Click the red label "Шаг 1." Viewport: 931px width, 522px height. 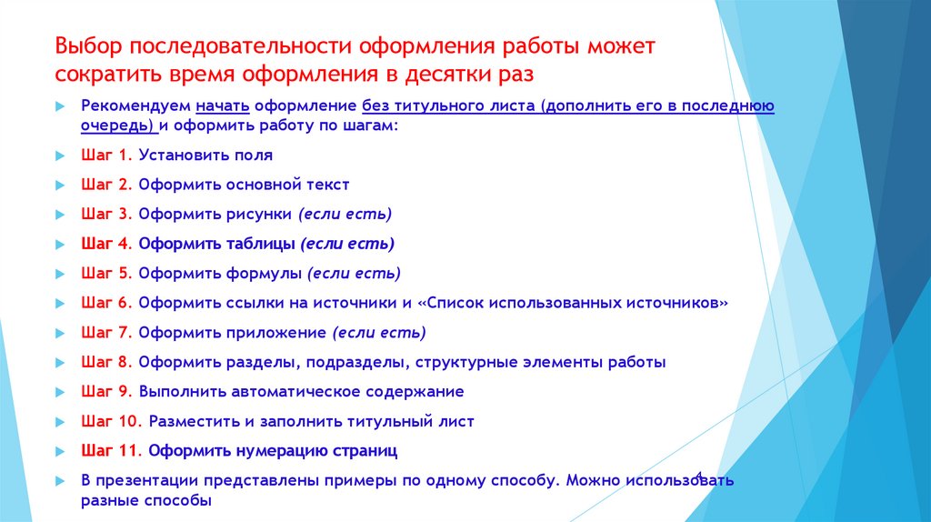(106, 156)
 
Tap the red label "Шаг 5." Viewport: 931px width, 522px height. (106, 274)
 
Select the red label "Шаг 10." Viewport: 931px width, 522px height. (111, 422)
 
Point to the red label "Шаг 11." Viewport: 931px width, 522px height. (111, 451)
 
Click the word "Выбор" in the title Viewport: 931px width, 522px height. (85, 45)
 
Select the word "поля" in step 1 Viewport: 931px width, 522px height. (254, 156)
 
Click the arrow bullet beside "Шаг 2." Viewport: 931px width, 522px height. (59, 186)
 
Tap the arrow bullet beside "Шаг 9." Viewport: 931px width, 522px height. (59, 392)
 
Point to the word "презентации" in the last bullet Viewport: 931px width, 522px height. (146, 480)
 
